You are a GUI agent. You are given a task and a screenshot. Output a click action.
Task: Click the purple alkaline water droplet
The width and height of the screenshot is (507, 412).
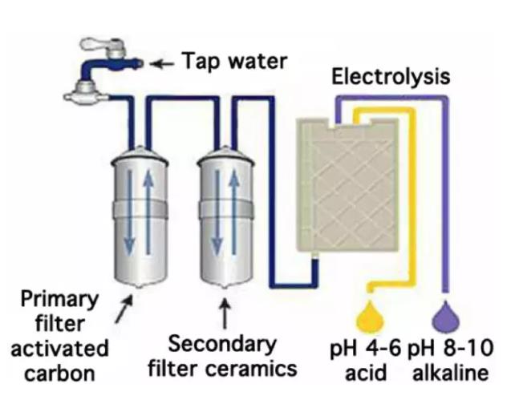pyautogui.click(x=446, y=314)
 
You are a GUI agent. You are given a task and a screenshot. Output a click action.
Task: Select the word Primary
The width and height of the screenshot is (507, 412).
pyautogui.click(x=61, y=301)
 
